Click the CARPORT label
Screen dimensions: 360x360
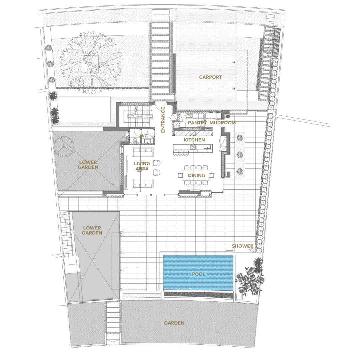pos(210,77)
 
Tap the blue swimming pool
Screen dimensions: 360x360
pos(198,273)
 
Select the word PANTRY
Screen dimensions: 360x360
pos(197,123)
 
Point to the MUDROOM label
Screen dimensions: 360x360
pos(222,123)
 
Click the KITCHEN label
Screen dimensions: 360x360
pos(194,140)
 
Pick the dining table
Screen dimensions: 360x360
pos(196,175)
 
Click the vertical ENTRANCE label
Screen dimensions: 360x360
pos(163,120)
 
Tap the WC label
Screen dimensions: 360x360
pos(144,136)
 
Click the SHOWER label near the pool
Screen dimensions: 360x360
pos(242,246)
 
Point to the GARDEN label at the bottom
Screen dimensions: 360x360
pos(174,323)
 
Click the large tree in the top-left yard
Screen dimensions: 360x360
pos(90,63)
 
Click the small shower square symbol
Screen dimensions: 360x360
pos(252,250)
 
